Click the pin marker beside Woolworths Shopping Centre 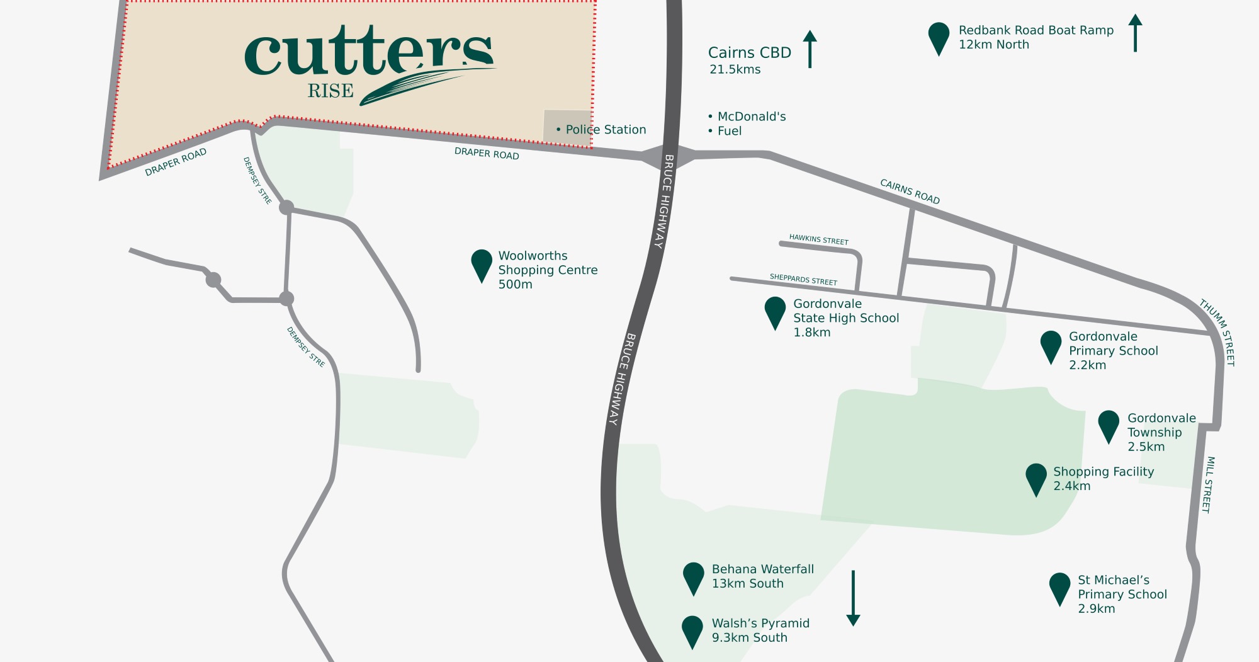[x=482, y=264]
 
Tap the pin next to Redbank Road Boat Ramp [x=939, y=37]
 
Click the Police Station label [x=605, y=130]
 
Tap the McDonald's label [x=751, y=117]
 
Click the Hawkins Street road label [x=818, y=239]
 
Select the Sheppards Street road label [x=803, y=280]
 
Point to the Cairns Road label [x=910, y=191]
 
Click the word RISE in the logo [x=330, y=91]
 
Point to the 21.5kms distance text [x=735, y=70]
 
